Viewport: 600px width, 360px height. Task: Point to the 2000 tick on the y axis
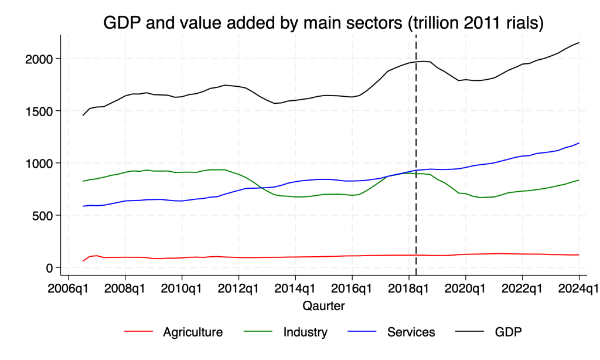tap(39, 59)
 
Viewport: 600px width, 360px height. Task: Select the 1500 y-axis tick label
tap(39, 111)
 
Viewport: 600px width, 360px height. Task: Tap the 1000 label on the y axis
tap(39, 163)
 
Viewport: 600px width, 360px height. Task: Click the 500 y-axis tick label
tap(43, 215)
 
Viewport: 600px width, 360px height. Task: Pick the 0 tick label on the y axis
tap(50, 267)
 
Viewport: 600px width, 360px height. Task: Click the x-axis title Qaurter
tap(323, 305)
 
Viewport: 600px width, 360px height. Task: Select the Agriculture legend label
tap(193, 332)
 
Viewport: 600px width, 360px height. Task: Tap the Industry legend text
tap(305, 332)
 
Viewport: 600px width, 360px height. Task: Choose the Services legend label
tap(411, 332)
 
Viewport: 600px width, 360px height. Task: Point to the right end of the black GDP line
tap(579, 43)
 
